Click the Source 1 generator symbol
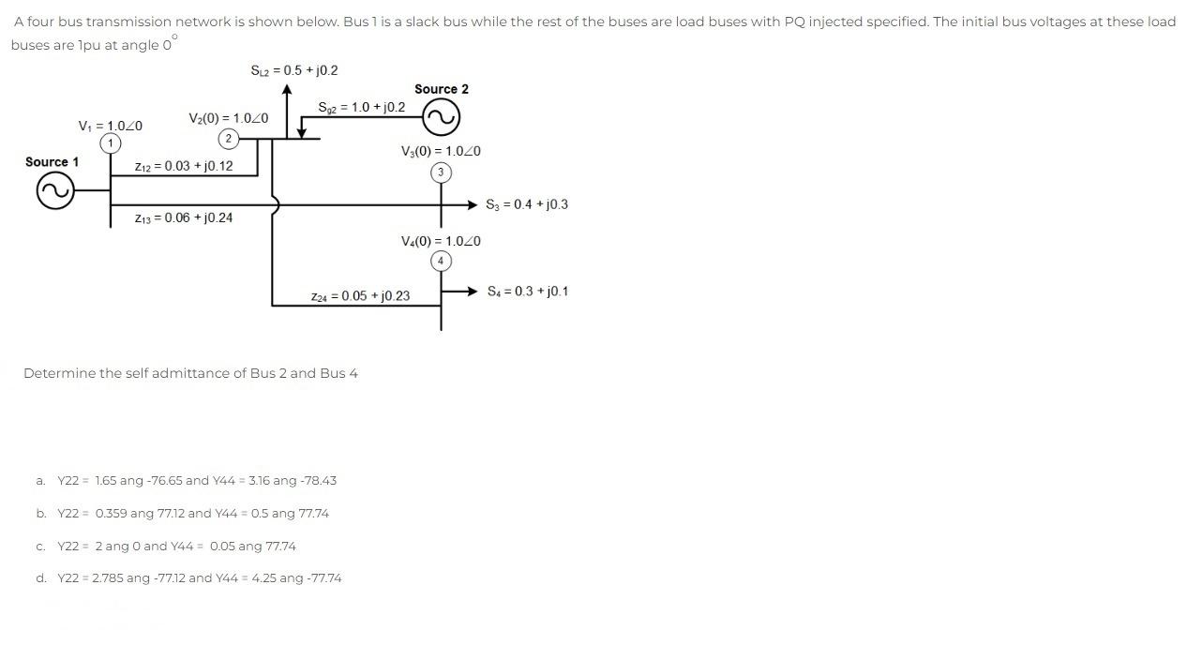53,191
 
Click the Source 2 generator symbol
441,118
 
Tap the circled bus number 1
112,142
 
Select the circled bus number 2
228,139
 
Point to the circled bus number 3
441,172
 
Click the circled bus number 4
441,261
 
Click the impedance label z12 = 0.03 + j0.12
184,166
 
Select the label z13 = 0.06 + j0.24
184,217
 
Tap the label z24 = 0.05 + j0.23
360,296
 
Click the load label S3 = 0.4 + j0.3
527,204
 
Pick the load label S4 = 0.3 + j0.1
528,292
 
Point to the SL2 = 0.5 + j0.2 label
294,70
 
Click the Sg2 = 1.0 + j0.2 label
362,107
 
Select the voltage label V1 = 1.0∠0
111,126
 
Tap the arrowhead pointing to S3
473,204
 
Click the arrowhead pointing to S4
473,292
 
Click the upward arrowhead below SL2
288,89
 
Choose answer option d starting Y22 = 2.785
199,578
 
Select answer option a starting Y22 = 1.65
196,481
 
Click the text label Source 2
442,89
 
